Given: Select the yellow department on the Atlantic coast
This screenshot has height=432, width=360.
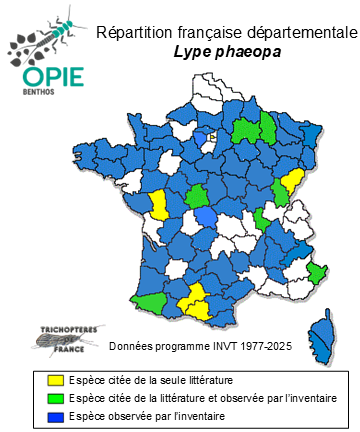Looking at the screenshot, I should pos(158,204).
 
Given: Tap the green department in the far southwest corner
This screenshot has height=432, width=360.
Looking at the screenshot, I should pos(148,300).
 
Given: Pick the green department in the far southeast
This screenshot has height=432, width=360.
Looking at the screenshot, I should pos(315,273).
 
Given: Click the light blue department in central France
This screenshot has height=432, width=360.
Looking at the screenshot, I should pos(206,218).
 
